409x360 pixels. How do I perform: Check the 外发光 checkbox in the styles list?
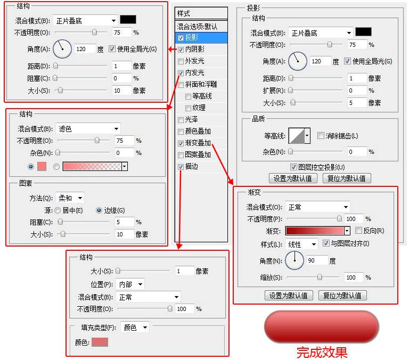[181, 61]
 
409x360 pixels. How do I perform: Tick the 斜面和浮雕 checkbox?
[181, 85]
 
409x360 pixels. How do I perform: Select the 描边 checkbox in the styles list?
[181, 167]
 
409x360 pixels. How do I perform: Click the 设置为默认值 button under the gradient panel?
[289, 296]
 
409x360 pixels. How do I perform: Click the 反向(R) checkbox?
[358, 231]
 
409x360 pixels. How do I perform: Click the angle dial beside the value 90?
[295, 260]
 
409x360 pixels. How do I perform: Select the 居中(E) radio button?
[58, 210]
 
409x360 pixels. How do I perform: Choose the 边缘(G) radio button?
[99, 210]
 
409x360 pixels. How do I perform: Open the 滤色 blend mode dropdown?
[88, 128]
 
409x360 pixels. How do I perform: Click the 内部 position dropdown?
[130, 284]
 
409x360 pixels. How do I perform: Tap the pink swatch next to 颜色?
[100, 342]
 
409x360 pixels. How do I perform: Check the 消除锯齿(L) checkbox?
[321, 136]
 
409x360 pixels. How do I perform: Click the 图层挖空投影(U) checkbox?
[293, 167]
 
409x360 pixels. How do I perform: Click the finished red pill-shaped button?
[322, 326]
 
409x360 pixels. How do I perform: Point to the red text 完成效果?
[322, 353]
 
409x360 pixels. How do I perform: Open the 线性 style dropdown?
[301, 244]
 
